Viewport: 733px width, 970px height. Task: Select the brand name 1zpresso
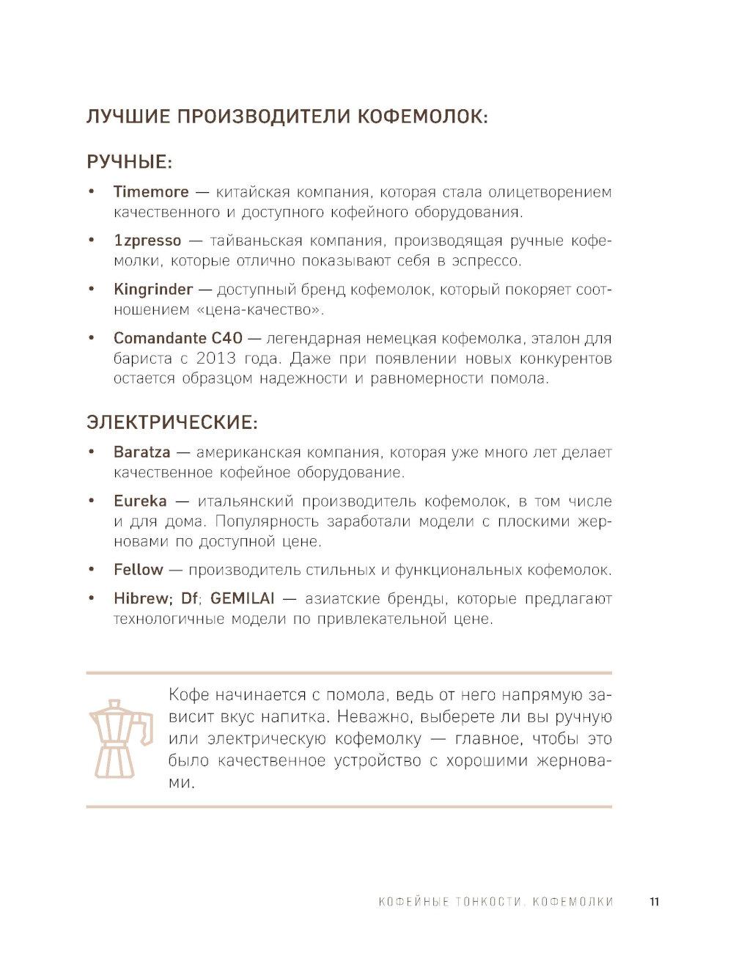tap(147, 240)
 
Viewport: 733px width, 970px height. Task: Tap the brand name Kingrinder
tap(153, 290)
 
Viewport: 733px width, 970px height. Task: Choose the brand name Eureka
tap(140, 501)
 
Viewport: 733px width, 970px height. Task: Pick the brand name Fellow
tap(139, 570)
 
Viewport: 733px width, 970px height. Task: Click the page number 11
tap(654, 901)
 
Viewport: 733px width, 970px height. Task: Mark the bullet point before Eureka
tap(91, 501)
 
